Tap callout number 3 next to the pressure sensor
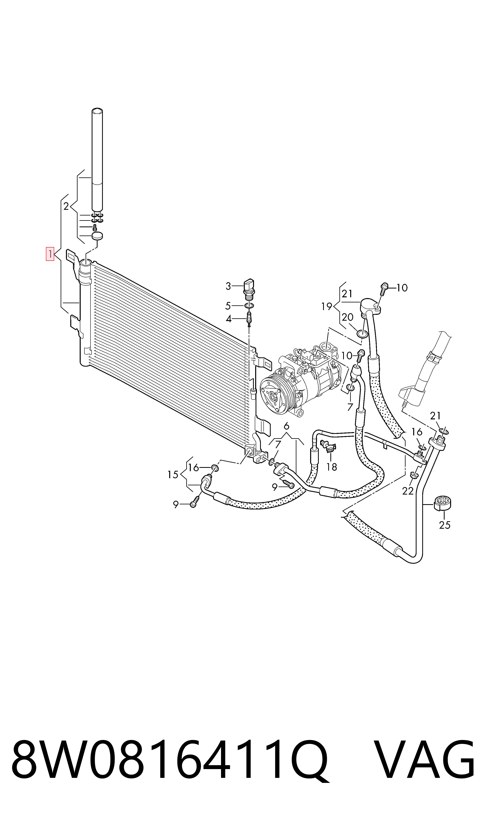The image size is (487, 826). click(228, 286)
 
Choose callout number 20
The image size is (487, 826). click(347, 317)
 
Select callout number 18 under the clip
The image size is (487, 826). click(332, 467)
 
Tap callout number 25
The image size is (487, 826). click(445, 525)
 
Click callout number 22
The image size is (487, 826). click(408, 491)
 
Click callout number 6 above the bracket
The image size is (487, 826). click(287, 426)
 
